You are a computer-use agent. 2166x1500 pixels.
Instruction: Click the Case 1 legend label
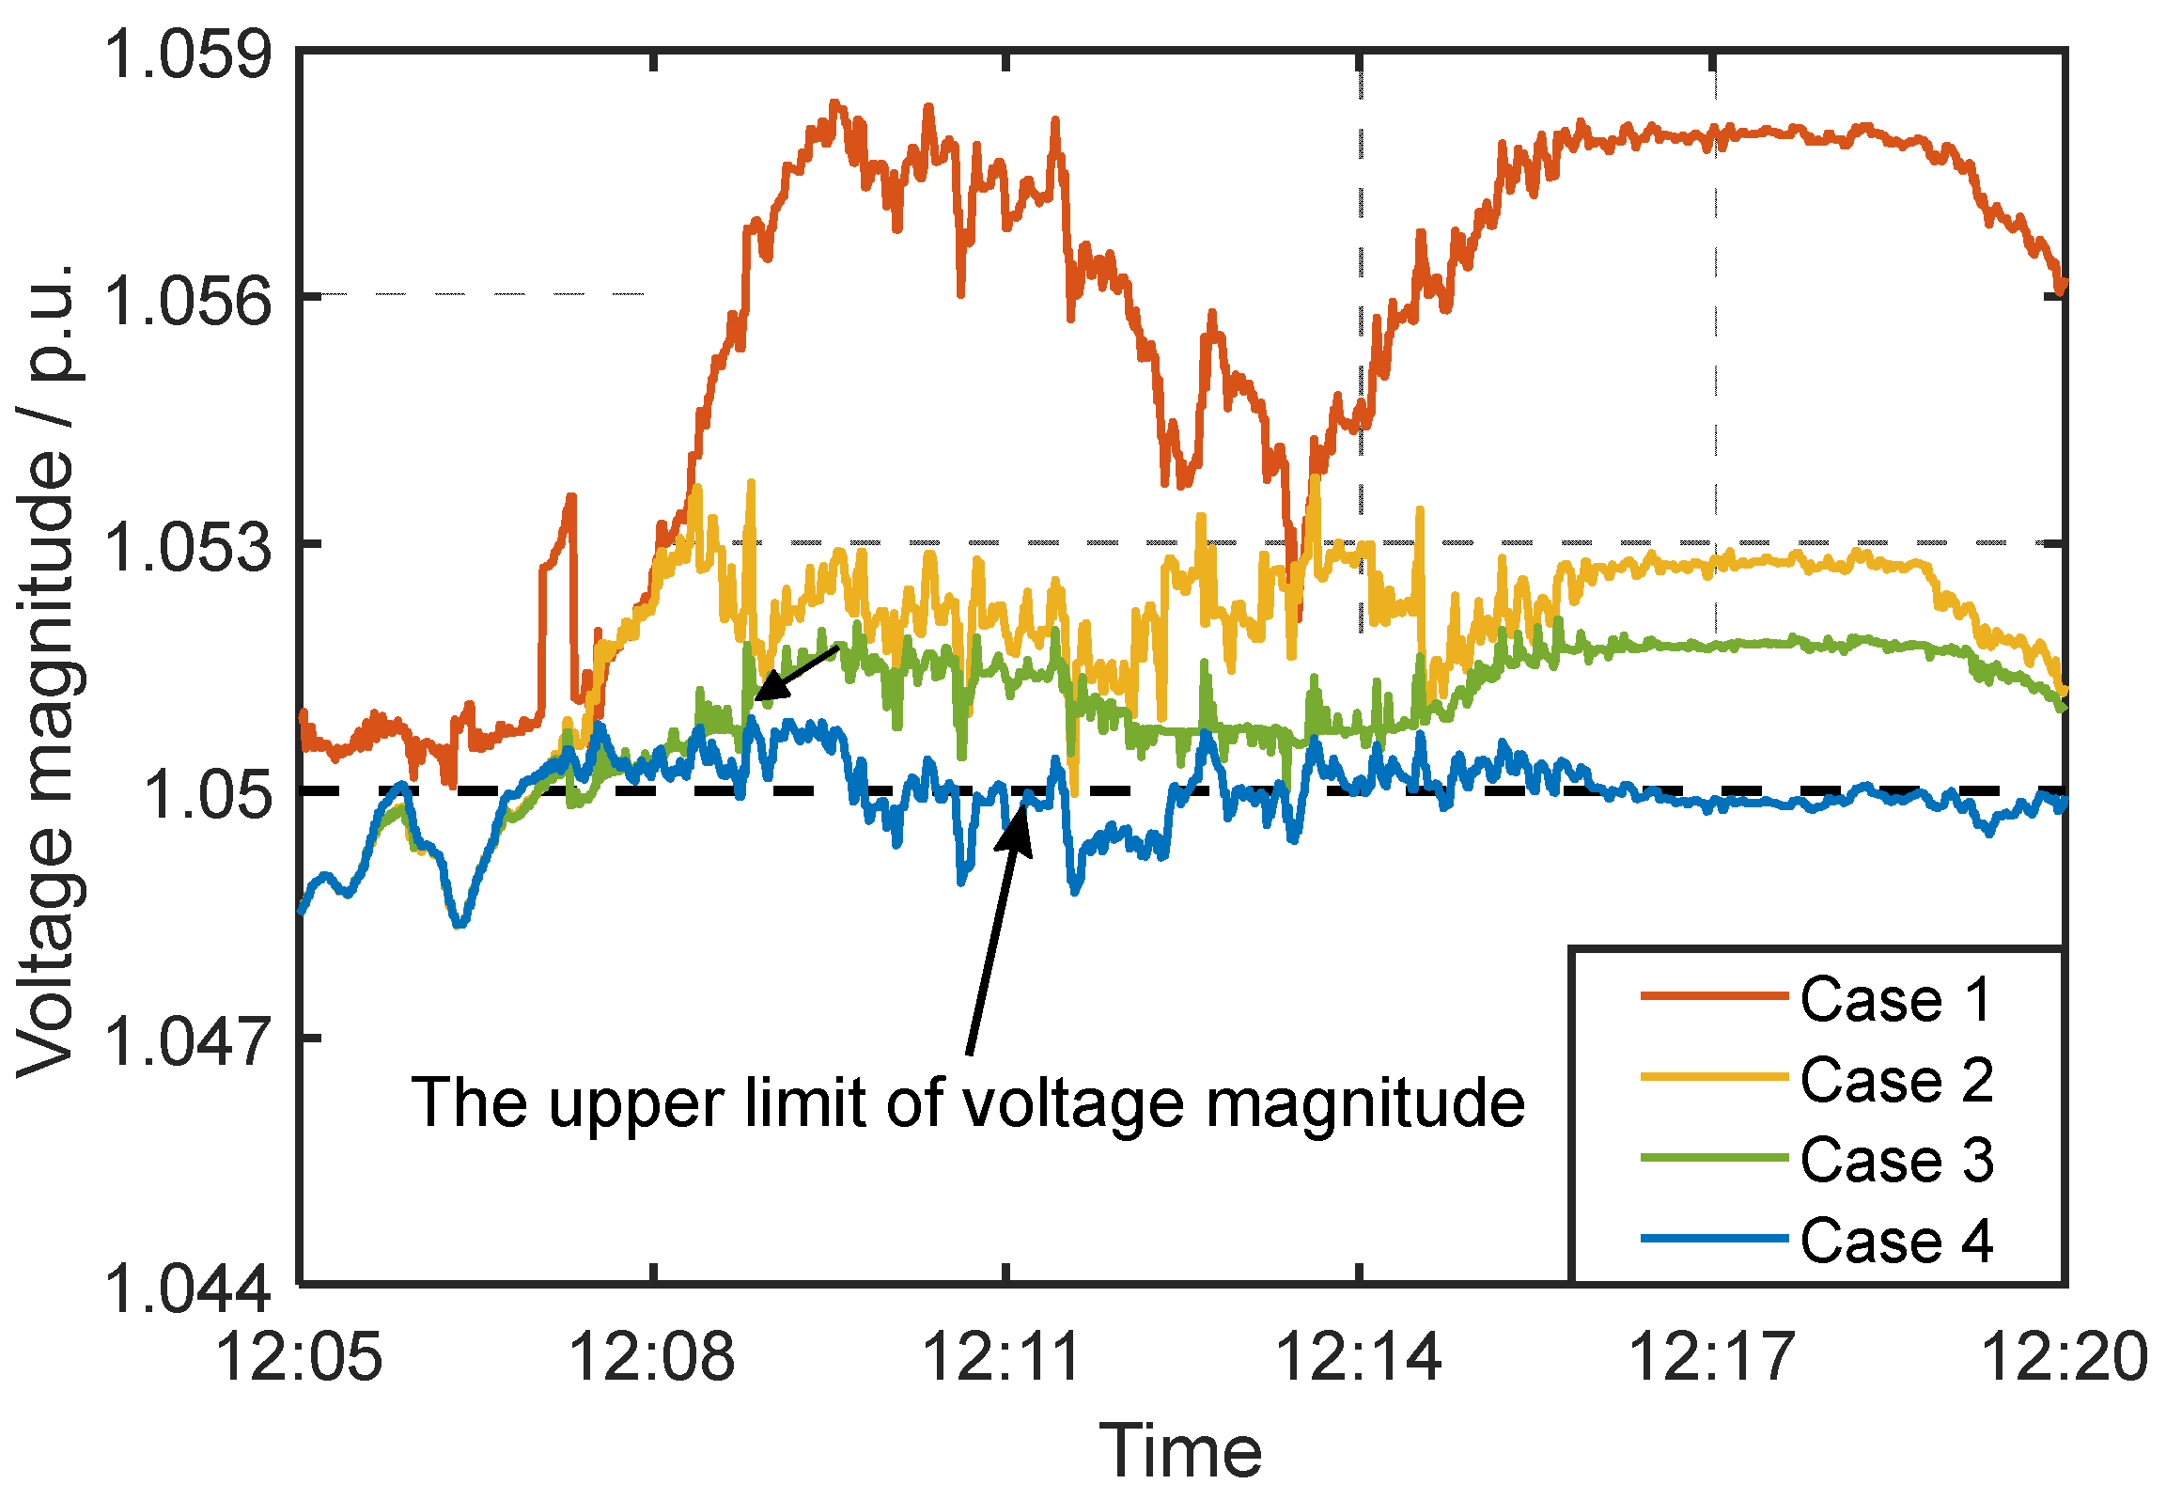coord(1895,999)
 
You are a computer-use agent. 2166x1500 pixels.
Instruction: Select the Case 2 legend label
coord(1895,1080)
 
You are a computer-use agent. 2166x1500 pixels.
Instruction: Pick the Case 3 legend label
coord(1895,1160)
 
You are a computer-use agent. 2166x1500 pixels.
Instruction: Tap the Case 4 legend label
coord(1895,1241)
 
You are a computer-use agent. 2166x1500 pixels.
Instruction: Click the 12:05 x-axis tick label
coord(299,1357)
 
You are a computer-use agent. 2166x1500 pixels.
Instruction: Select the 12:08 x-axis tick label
coord(652,1357)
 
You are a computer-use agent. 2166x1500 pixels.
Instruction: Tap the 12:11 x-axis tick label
coord(1005,1357)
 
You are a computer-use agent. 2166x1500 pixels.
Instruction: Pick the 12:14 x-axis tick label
coord(1359,1357)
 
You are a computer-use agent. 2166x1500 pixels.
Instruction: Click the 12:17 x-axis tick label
coord(1712,1357)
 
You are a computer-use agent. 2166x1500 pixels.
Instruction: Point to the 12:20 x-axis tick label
coord(2064,1357)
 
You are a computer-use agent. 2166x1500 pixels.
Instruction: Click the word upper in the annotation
coord(639,1105)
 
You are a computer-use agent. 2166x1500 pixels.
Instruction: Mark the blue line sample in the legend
coord(1713,1240)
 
